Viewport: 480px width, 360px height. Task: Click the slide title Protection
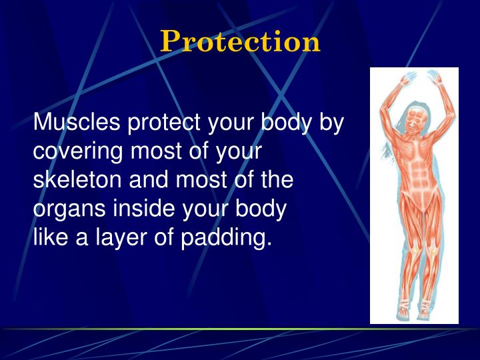(x=240, y=41)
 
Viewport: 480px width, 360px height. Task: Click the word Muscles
(x=77, y=123)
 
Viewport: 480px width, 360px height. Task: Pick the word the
(x=276, y=181)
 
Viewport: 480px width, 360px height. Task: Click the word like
(x=50, y=237)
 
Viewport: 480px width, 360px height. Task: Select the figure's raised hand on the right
(x=436, y=78)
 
